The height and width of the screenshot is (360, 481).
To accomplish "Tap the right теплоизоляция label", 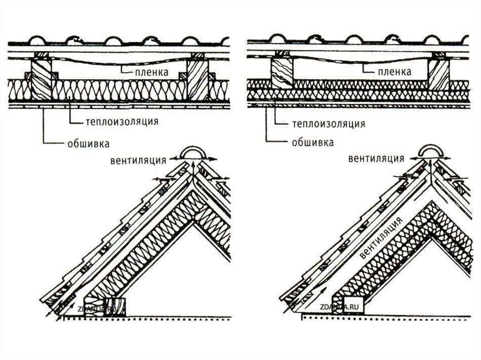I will tap(329, 124).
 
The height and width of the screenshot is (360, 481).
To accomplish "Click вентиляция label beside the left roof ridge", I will tap(139, 160).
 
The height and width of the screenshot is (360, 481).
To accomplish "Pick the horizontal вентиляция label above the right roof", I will tap(376, 158).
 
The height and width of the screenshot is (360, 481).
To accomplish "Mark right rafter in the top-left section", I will tap(197, 78).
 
